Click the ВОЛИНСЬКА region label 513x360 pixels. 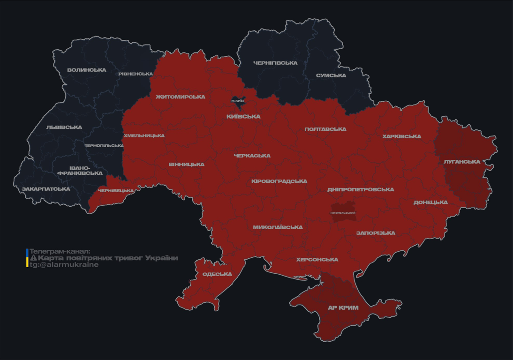coord(87,70)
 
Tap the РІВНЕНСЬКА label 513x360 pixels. coord(136,74)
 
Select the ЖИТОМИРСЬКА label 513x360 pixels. coord(181,97)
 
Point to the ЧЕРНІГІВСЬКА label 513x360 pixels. coord(275,63)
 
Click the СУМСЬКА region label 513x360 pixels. coord(331,75)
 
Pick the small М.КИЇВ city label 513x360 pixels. coord(238,101)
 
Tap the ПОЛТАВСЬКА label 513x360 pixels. coord(325,129)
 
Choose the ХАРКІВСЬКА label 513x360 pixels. coord(401,137)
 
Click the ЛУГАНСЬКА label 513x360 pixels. coord(462,162)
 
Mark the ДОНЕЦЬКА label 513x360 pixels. coord(430,202)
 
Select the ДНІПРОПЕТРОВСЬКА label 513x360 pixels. coord(361,190)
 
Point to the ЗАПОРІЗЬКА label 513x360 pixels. coord(376,233)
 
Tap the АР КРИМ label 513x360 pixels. coord(343,308)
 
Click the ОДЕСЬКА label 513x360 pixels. coord(217,274)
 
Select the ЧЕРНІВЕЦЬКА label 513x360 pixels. coord(116,191)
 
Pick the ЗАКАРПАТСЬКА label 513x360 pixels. coord(46,189)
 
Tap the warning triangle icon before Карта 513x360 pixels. coord(33,258)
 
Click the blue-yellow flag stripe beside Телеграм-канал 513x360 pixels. coord(27,258)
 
